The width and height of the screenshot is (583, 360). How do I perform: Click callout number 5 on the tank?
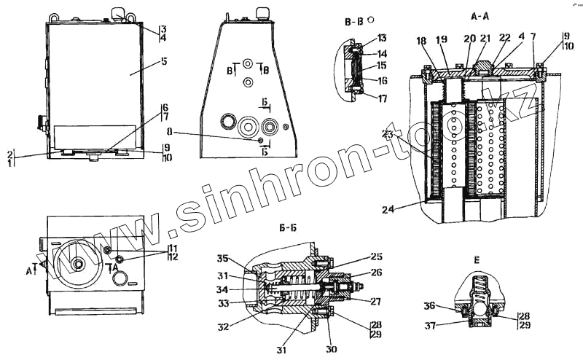click(164, 61)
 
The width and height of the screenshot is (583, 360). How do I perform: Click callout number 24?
click(388, 209)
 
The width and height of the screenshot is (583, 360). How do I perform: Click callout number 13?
click(382, 38)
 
